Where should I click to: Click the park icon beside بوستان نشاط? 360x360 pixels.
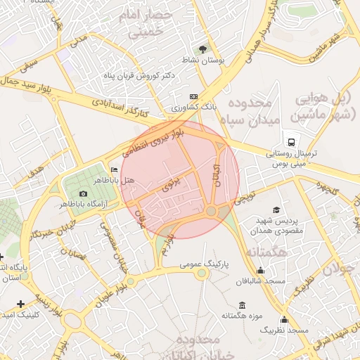point(203,49)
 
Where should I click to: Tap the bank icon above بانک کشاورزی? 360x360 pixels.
point(194,96)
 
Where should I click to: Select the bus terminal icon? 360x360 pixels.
point(289,141)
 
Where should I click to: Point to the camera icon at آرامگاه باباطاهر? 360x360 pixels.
point(84,193)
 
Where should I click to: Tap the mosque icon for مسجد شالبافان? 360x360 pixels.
point(261,270)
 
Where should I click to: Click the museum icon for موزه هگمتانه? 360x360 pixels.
point(243,305)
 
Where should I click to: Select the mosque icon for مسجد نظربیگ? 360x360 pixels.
point(284,319)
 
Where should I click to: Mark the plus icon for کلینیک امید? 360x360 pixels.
point(20,304)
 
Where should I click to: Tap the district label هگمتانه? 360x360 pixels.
point(266,251)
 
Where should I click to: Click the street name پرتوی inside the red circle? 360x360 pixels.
point(172,186)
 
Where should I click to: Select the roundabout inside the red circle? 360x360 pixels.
point(212,210)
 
